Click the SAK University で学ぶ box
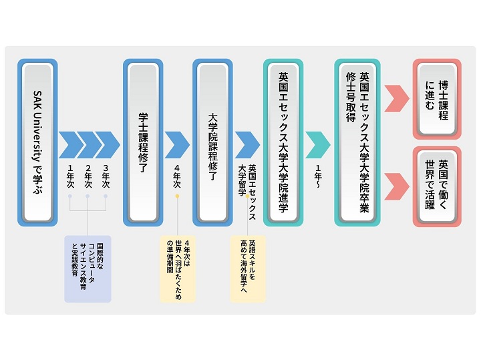tap(38, 142)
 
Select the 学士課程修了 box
tap(143, 142)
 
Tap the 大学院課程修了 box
tap(212, 142)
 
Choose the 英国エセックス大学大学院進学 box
tap(283, 142)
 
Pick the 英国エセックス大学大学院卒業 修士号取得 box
tap(357, 142)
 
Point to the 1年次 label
tap(70, 176)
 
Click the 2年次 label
tap(88, 176)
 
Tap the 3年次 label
tap(105, 176)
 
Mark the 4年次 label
tap(177, 176)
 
